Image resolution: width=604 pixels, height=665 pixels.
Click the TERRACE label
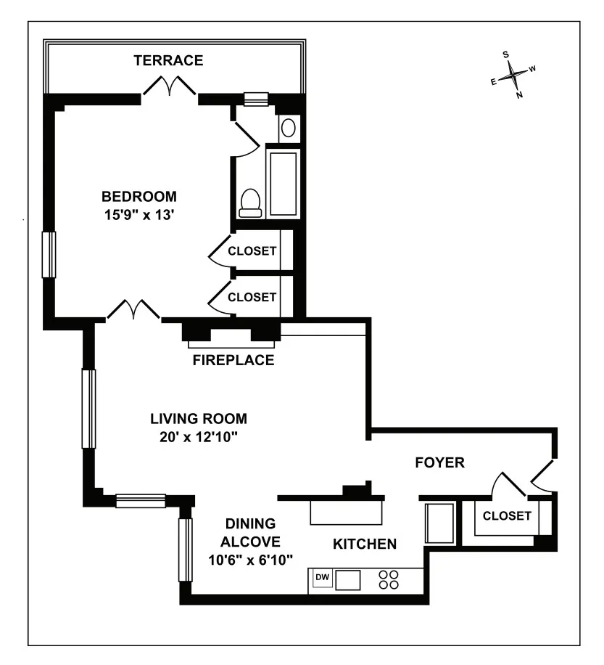click(x=168, y=60)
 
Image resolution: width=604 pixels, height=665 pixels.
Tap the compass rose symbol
click(x=513, y=73)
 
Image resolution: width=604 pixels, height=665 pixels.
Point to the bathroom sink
click(x=288, y=129)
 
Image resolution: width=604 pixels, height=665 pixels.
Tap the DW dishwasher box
click(x=322, y=578)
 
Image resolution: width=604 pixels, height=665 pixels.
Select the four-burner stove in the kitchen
click(x=389, y=579)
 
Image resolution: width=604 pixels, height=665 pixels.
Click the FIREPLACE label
click(x=233, y=360)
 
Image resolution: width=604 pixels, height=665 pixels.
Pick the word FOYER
click(x=439, y=462)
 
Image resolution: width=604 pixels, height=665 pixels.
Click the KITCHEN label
click(x=364, y=544)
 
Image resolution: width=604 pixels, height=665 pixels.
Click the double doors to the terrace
click(x=169, y=86)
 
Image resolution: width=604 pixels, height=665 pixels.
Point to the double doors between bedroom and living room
click(x=133, y=311)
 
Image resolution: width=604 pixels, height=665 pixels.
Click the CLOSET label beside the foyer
click(x=507, y=516)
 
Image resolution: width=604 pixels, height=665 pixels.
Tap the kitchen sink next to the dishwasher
click(x=348, y=579)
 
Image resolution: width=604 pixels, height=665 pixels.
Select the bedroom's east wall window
click(x=49, y=254)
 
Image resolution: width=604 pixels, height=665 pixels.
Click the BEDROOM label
click(x=139, y=196)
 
